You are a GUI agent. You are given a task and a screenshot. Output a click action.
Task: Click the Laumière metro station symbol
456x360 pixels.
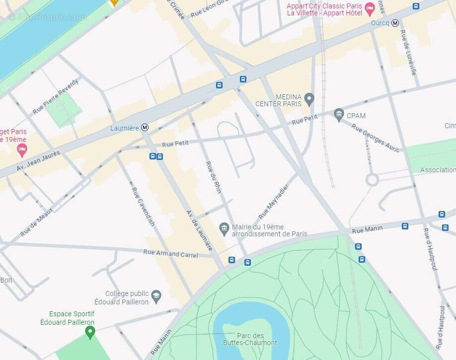tap(145, 128)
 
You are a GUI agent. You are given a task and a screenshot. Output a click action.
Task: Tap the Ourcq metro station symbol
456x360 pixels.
tap(395, 23)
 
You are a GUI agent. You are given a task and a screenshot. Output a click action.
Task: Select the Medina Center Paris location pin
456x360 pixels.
tap(309, 99)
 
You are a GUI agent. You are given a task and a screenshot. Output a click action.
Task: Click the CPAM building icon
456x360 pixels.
tap(339, 115)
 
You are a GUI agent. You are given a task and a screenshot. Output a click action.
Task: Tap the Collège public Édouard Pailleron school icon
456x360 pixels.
tap(156, 296)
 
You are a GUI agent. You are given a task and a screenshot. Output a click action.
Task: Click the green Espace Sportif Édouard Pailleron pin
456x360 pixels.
tap(90, 332)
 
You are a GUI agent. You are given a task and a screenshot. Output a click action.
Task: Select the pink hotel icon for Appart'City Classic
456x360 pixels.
tap(369, 8)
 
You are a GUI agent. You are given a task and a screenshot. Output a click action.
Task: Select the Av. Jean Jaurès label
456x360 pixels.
tap(38, 161)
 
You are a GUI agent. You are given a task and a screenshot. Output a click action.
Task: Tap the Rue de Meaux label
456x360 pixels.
tap(36, 221)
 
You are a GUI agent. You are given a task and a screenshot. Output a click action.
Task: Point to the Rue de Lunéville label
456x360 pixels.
tap(408, 53)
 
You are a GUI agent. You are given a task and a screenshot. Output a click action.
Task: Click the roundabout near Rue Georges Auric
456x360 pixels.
tap(372, 180)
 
